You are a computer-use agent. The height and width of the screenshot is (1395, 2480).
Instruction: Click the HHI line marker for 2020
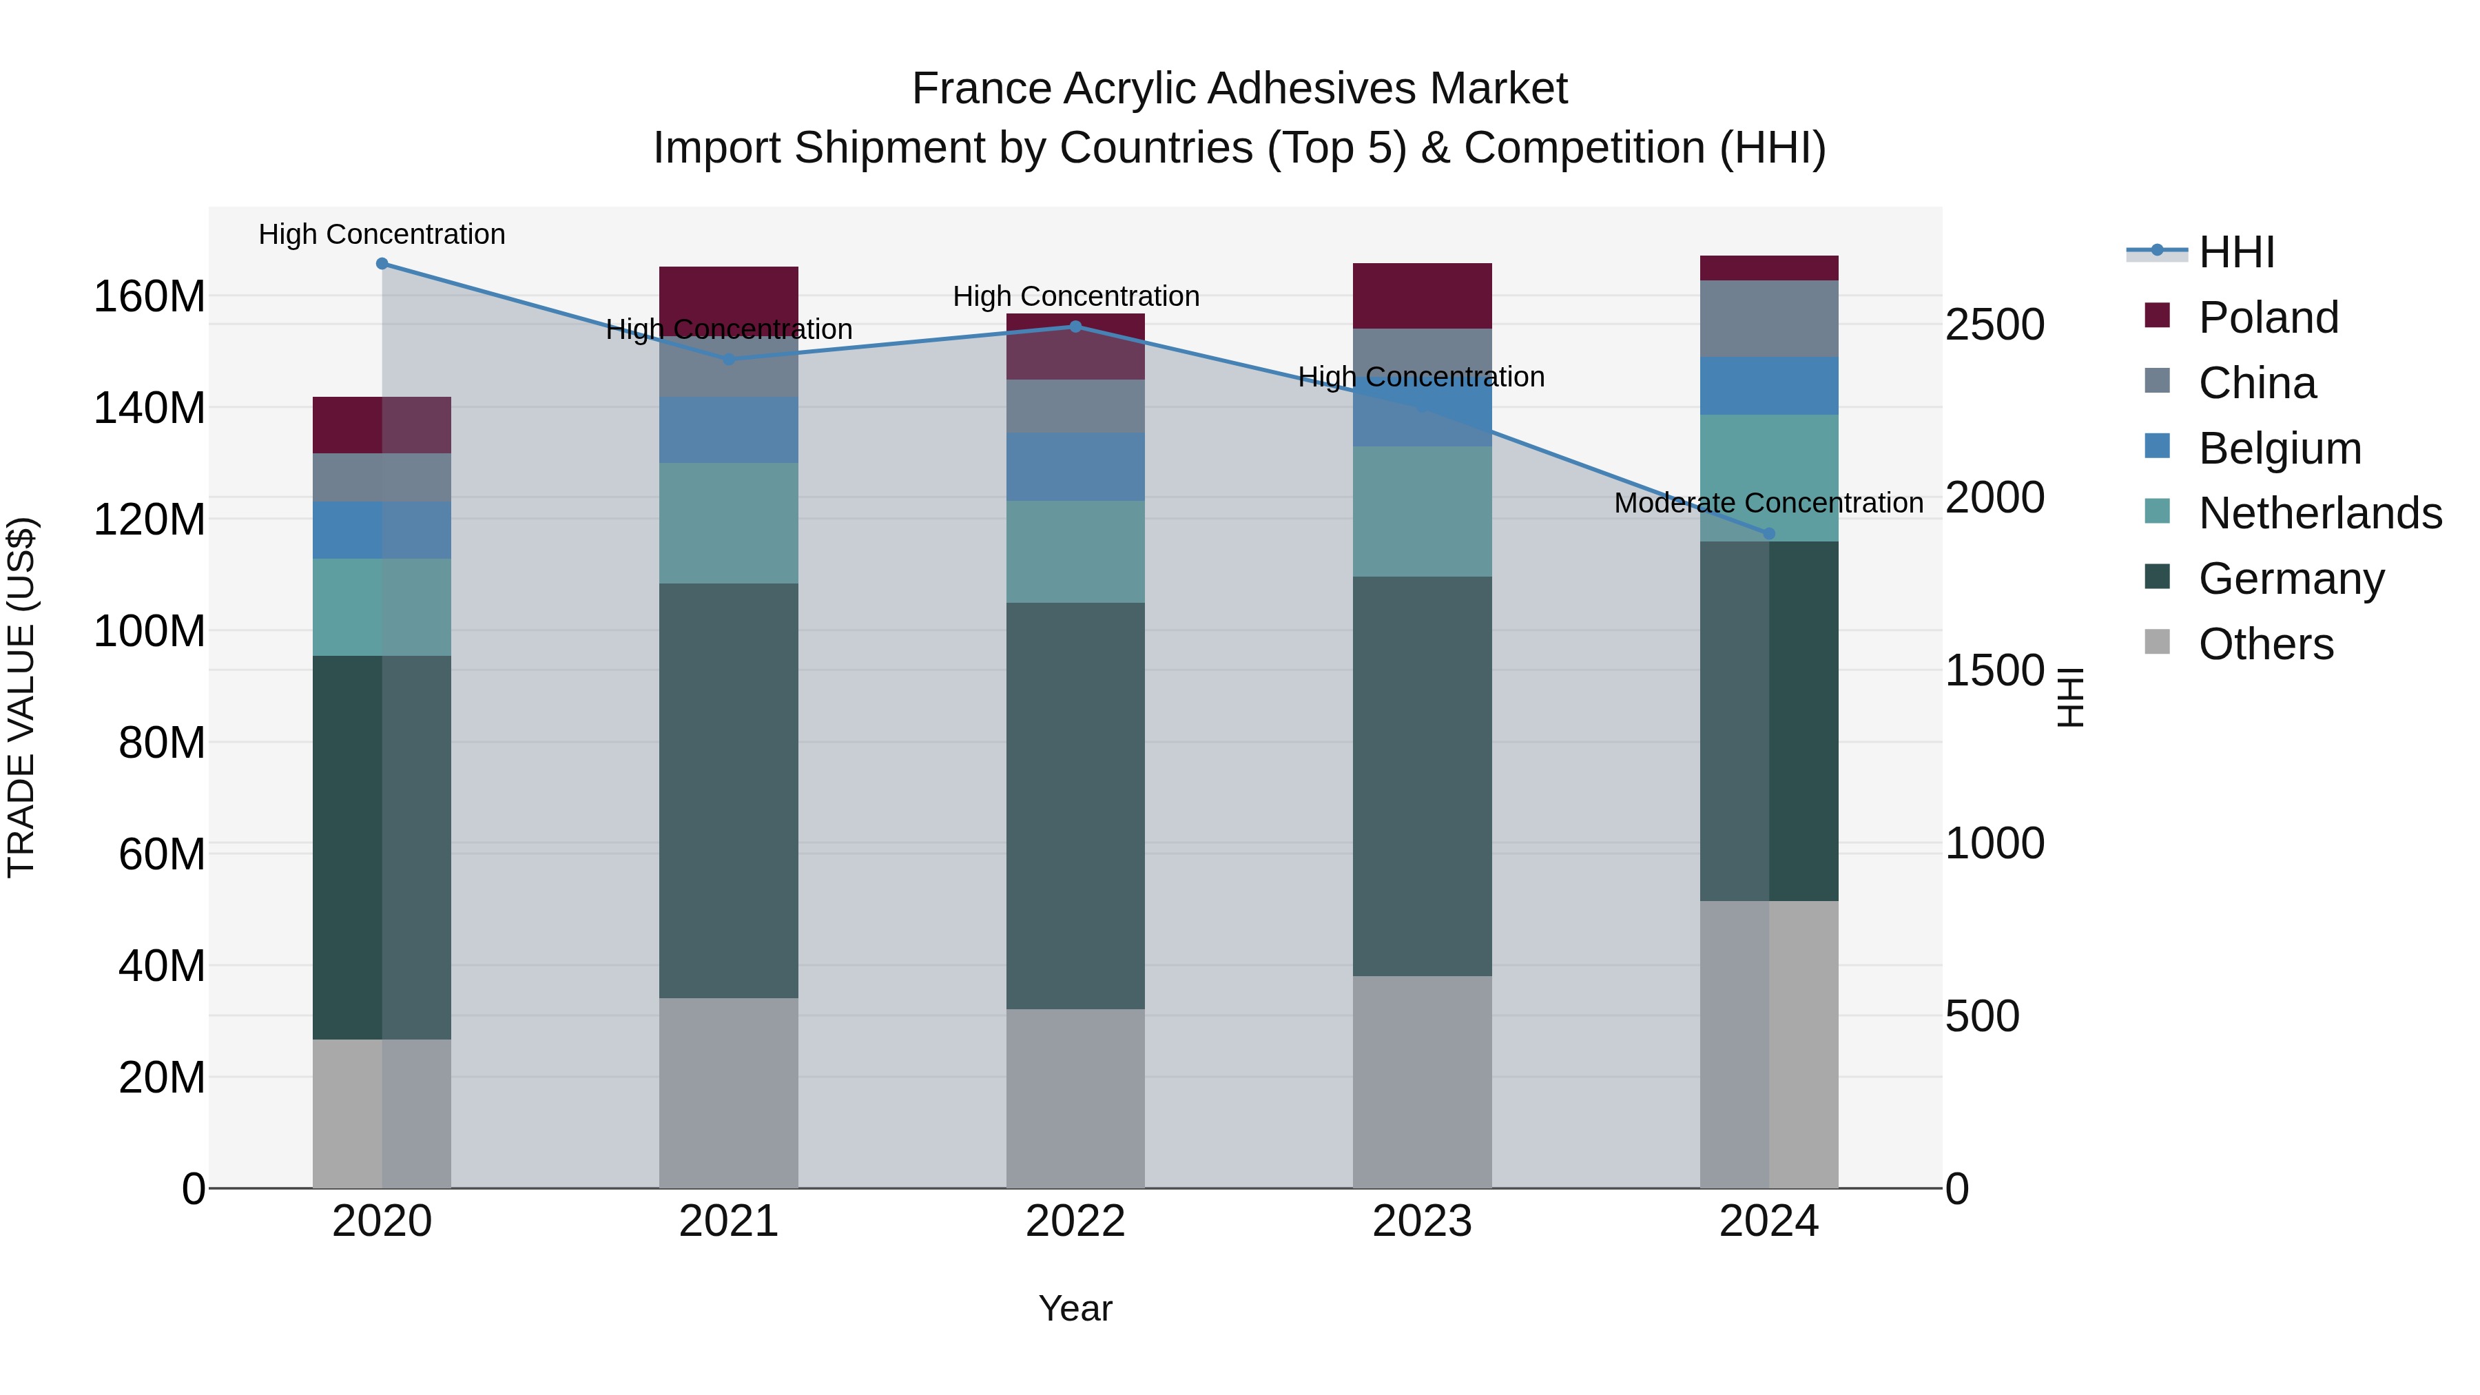pyautogui.click(x=382, y=264)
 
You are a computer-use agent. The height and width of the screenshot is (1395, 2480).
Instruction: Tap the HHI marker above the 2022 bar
pyautogui.click(x=1075, y=327)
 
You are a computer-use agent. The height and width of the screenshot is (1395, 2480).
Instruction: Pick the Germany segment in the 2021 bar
pyautogui.click(x=729, y=789)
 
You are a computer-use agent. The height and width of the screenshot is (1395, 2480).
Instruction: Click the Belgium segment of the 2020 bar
pyautogui.click(x=382, y=530)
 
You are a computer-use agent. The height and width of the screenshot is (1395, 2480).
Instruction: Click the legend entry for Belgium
pyautogui.click(x=2279, y=448)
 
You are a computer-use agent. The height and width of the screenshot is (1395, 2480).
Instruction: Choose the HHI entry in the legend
pyautogui.click(x=2236, y=252)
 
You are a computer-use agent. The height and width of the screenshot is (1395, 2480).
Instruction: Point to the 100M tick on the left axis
pyautogui.click(x=149, y=632)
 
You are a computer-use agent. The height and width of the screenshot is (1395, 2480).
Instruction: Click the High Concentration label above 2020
pyautogui.click(x=382, y=234)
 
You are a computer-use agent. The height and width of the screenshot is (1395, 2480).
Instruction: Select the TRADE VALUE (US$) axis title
pyautogui.click(x=21, y=697)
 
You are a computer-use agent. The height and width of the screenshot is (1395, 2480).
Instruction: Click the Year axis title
pyautogui.click(x=1075, y=1308)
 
